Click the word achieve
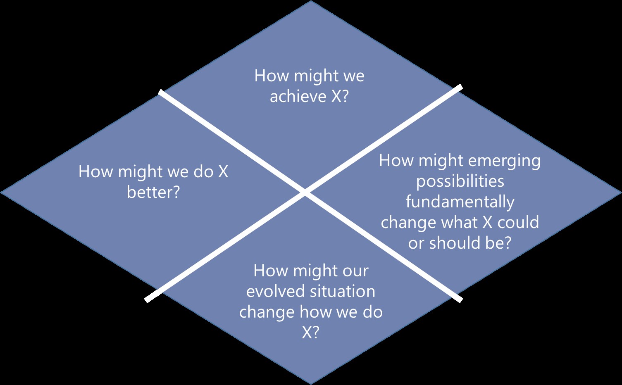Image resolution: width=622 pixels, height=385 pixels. [298, 97]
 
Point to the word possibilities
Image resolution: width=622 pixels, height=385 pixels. [460, 182]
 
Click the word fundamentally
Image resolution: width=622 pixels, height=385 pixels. [460, 202]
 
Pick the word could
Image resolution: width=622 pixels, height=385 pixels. [518, 223]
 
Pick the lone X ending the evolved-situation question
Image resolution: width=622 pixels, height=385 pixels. [308, 333]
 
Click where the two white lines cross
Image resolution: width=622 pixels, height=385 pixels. [305, 192]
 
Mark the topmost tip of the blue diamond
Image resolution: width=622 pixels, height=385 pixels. [311, 2]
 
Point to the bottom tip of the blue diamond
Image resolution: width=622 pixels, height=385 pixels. [311, 383]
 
